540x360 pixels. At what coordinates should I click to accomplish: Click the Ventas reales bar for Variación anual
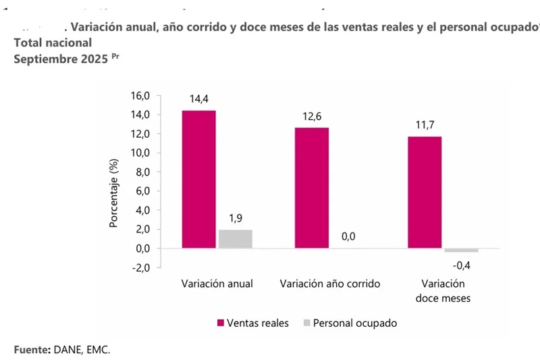coord(198,179)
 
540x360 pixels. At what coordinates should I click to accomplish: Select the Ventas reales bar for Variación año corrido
coord(311,188)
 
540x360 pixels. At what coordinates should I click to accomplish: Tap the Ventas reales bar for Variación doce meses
coord(424,192)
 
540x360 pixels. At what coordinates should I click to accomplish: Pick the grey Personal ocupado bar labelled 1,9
coord(235,239)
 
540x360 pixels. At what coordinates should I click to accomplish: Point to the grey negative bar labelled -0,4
coord(461,251)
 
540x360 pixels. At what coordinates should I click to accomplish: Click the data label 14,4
coord(198,99)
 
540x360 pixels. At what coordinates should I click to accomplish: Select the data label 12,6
coord(312,116)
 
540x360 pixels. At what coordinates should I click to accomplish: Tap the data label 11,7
coord(424,125)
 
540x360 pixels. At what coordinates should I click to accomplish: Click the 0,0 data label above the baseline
coord(349,236)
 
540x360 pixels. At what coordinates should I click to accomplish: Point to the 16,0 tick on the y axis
coord(141,96)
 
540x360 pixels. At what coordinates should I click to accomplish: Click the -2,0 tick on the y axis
coord(140,267)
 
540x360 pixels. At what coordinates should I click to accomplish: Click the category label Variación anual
coord(217,284)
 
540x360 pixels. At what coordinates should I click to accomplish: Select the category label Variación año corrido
coord(330,284)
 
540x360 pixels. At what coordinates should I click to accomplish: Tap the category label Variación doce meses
coord(443,290)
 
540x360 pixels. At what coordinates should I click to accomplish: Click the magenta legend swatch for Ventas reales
coord(220,324)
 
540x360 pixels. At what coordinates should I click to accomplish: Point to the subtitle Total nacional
coord(52,43)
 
